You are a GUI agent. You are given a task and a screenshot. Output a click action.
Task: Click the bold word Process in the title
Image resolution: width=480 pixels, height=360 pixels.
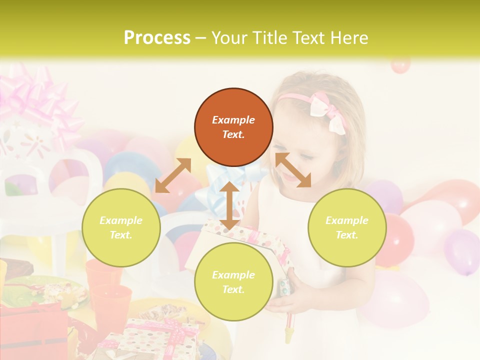157,37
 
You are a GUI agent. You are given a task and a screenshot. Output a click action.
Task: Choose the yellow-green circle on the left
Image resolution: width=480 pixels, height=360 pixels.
121,227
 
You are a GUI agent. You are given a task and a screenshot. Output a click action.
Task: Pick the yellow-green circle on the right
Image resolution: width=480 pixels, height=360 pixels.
347,227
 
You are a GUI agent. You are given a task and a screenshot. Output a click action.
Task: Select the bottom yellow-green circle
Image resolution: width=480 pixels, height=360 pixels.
233,282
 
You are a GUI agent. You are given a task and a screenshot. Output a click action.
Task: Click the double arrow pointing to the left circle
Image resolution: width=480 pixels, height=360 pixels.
173,175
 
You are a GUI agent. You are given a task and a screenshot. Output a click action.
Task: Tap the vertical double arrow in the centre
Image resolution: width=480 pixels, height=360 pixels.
229,206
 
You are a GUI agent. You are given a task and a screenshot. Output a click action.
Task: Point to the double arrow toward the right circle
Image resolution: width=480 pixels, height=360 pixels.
293,170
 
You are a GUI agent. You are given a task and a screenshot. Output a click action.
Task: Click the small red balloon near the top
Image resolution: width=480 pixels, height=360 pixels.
400,65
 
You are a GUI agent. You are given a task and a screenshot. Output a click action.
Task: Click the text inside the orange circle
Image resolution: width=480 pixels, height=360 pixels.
233,127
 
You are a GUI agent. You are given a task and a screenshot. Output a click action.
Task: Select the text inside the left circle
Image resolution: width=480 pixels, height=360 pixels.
121,227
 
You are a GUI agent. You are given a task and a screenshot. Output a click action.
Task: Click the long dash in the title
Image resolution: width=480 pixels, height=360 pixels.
200,37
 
